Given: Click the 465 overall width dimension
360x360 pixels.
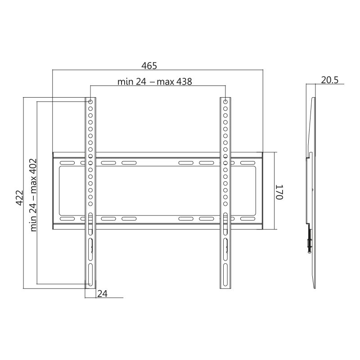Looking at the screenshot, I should pyautogui.click(x=149, y=66).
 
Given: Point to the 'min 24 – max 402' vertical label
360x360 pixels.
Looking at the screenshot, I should pyautogui.click(x=33, y=194).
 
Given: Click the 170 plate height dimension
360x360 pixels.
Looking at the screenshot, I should pyautogui.click(x=279, y=192).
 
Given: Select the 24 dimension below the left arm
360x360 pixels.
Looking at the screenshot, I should pyautogui.click(x=102, y=293).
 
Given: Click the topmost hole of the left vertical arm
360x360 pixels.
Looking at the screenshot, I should pyautogui.click(x=90, y=102).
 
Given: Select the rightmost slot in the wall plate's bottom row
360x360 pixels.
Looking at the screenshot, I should pyautogui.click(x=247, y=219).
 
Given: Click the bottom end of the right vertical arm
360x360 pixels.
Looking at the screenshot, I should pyautogui.click(x=226, y=287).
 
